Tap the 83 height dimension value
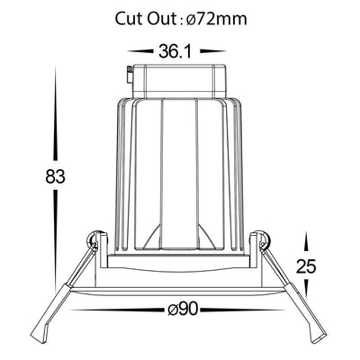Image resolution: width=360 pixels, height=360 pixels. pyautogui.click(x=55, y=176)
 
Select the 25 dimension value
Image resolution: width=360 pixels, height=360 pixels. pyautogui.click(x=306, y=265)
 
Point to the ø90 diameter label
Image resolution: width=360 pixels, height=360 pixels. pyautogui.click(x=183, y=310)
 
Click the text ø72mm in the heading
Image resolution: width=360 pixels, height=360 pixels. pyautogui.click(x=217, y=19)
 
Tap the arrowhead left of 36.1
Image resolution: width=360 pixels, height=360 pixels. pyautogui.click(x=139, y=51)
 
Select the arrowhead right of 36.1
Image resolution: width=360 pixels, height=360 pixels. pyautogui.click(x=213, y=51)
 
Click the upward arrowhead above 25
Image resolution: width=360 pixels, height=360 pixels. pyautogui.click(x=306, y=242)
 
